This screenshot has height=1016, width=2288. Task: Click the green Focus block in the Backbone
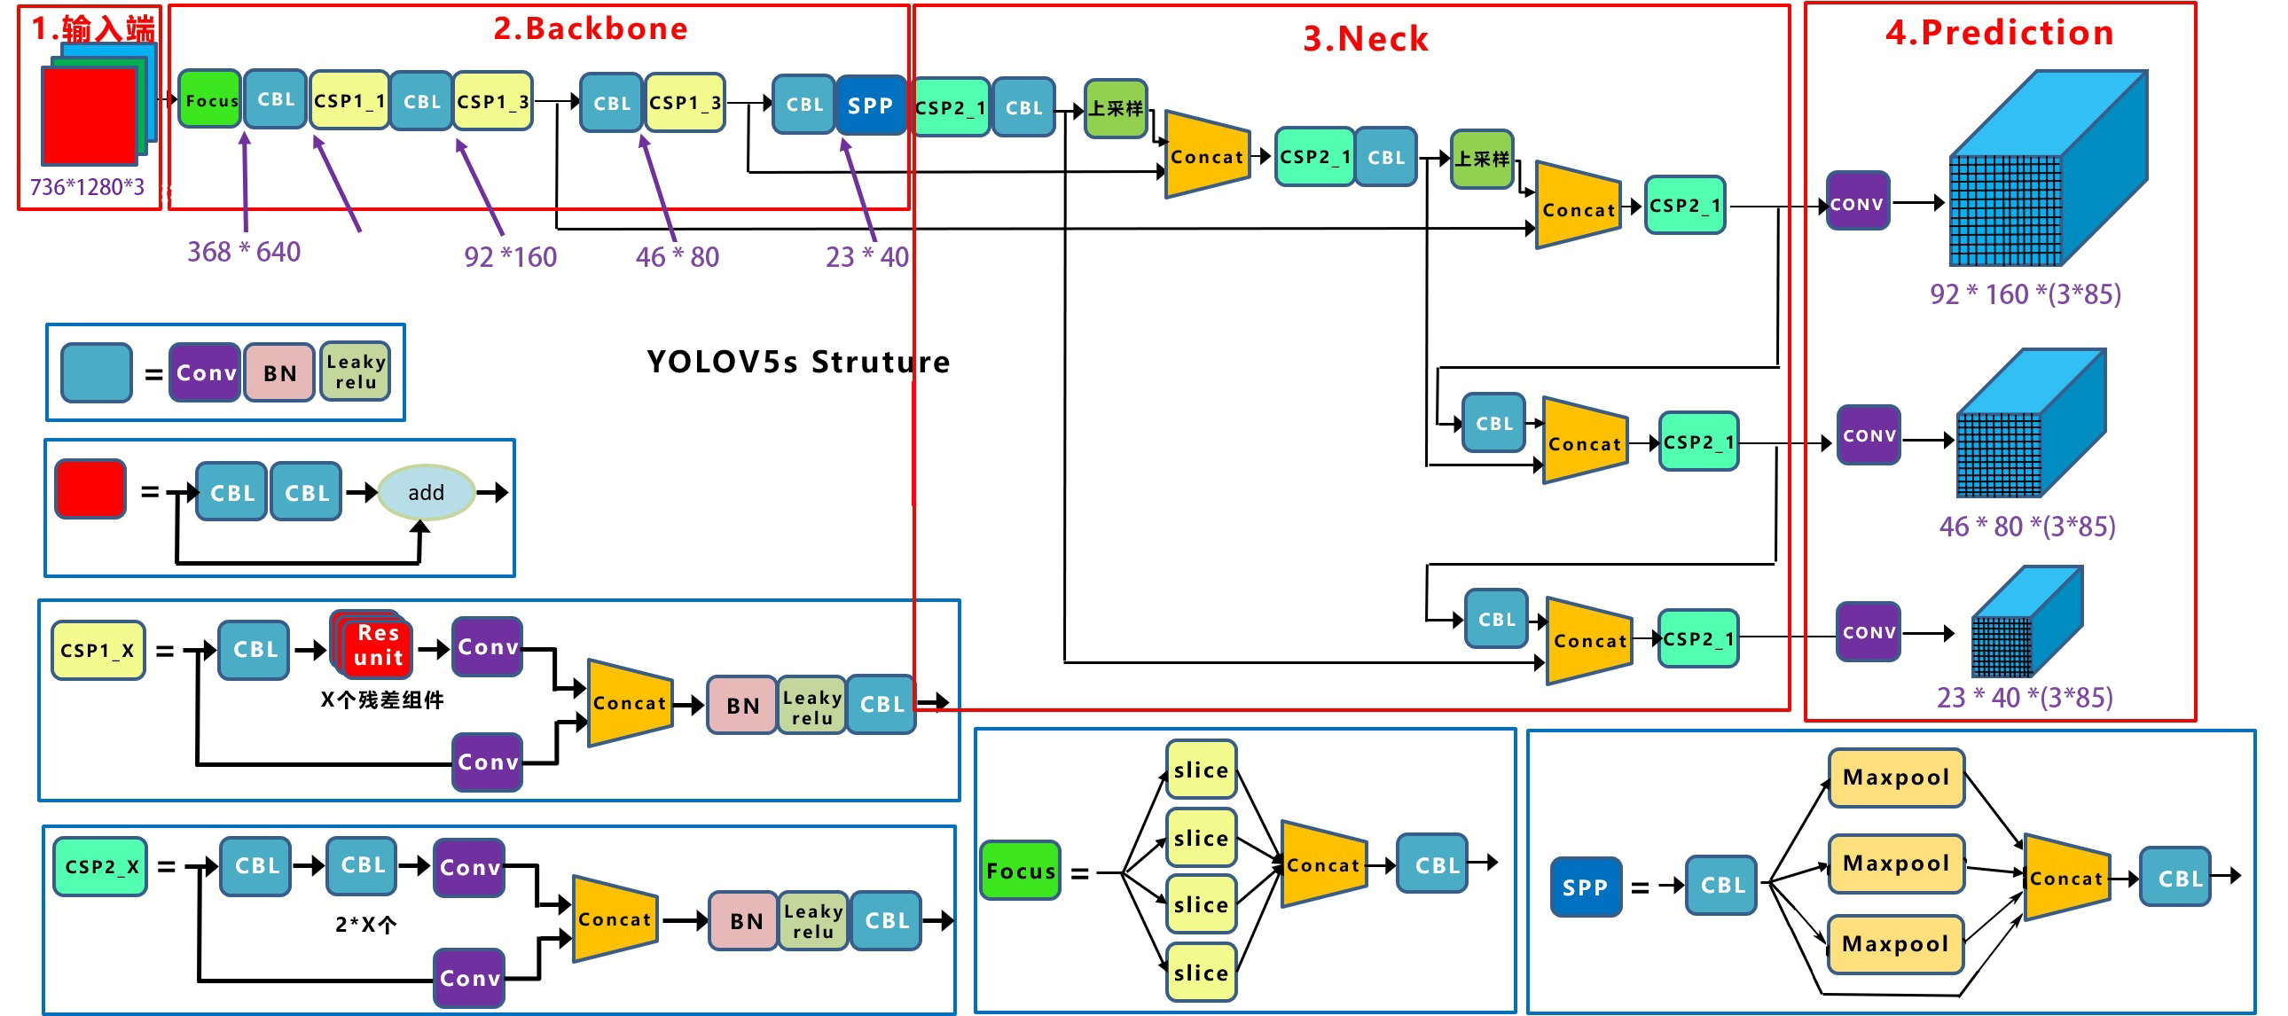209,99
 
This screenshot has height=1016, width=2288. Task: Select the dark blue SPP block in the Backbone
870,106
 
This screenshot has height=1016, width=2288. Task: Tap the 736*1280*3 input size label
87,187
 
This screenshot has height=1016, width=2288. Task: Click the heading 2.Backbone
591,28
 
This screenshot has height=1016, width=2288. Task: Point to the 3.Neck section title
1365,39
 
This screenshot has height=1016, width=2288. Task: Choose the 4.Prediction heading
1999,33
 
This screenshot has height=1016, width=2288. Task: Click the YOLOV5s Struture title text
797,362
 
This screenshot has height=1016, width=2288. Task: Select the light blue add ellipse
427,492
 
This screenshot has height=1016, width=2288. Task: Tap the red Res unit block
378,645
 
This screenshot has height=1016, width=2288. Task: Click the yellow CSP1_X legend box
98,650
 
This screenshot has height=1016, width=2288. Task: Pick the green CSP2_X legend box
100,866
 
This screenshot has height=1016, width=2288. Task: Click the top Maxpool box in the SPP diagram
1895,778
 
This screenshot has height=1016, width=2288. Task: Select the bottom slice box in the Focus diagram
1201,973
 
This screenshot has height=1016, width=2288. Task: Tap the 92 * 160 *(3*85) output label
2026,294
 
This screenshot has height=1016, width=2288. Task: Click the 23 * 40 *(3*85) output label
2025,697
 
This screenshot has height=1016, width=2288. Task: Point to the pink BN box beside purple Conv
279,373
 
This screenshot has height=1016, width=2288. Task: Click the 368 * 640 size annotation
243,252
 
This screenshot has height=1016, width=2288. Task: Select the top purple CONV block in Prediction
1857,203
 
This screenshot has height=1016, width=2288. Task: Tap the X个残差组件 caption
382,699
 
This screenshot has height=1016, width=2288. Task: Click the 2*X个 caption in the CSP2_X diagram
365,925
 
